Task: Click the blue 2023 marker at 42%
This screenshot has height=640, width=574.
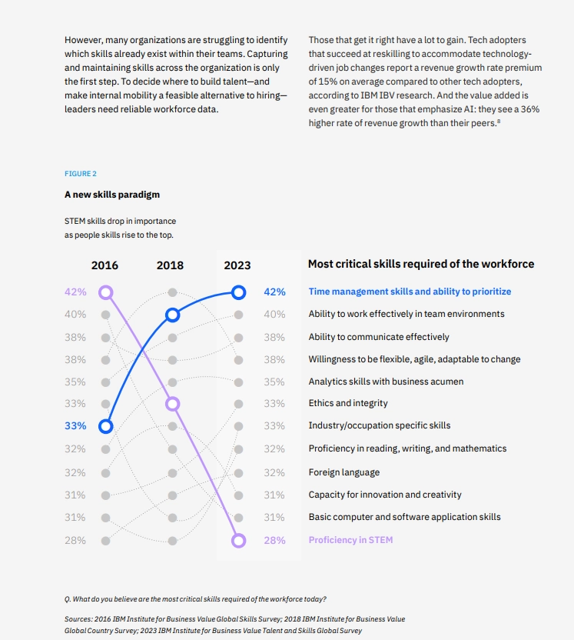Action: (238, 292)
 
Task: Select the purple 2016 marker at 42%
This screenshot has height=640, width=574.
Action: (106, 292)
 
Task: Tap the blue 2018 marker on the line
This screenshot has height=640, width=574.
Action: (172, 315)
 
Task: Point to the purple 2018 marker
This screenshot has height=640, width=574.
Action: (172, 404)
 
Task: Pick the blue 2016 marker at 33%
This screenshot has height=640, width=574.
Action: (106, 426)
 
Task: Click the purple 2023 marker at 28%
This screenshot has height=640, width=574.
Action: (238, 541)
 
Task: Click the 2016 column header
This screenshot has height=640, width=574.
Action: (105, 265)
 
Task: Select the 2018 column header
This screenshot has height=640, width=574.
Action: (170, 265)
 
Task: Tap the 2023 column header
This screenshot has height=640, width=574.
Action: (237, 265)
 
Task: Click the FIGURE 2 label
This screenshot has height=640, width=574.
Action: (80, 174)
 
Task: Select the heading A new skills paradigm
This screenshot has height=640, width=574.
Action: (112, 195)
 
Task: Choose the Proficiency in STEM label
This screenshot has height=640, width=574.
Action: (350, 540)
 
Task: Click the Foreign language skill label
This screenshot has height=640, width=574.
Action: (344, 472)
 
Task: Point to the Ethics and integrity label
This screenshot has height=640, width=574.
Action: (348, 403)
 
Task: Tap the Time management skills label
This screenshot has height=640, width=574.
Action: (410, 292)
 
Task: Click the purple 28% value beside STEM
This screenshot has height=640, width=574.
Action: (274, 540)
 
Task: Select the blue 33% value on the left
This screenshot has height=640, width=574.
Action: (75, 425)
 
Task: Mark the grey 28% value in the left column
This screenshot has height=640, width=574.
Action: (75, 540)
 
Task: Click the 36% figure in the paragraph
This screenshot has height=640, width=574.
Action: (530, 110)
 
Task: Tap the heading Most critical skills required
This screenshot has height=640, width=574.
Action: (421, 264)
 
